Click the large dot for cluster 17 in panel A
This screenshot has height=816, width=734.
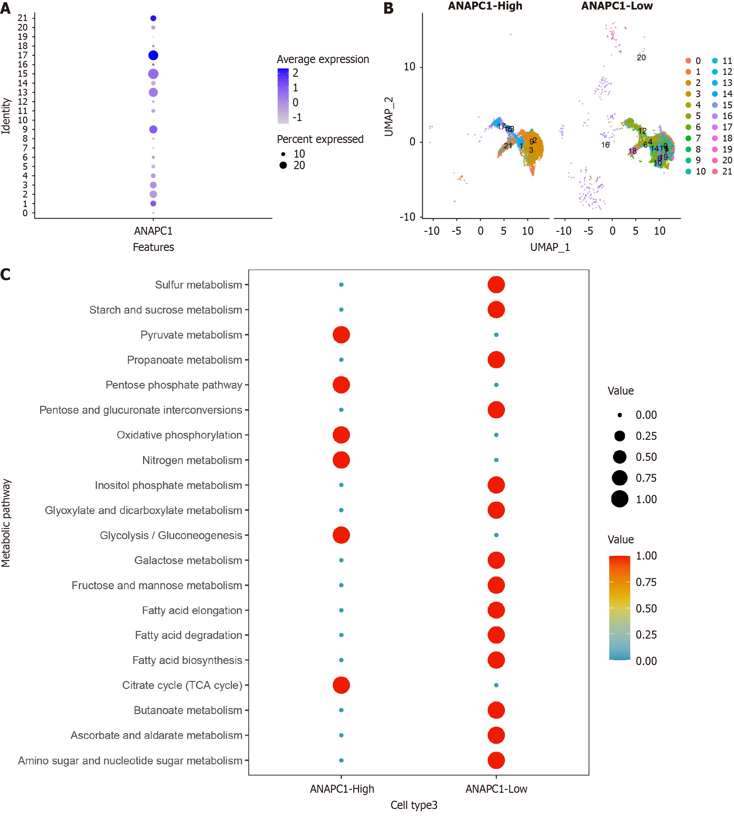153,55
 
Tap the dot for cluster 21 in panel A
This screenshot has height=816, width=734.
153,18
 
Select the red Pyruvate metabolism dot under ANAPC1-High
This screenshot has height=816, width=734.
341,335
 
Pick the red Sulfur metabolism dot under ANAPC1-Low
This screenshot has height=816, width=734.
496,285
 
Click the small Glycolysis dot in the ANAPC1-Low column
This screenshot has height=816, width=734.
496,535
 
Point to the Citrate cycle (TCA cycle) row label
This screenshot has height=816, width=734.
182,685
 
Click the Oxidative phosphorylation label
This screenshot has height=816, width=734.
179,435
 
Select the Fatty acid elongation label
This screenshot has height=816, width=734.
192,611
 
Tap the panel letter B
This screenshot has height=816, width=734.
389,8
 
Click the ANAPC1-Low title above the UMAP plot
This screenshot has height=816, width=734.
617,6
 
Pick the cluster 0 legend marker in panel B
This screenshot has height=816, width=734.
688,61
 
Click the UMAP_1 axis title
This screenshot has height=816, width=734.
550,247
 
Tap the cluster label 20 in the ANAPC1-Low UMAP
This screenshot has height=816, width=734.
641,58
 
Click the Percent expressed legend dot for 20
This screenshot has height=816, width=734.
283,165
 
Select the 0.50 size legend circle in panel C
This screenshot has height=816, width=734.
620,457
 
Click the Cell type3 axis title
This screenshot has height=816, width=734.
414,805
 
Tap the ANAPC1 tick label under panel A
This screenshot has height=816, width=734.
153,231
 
